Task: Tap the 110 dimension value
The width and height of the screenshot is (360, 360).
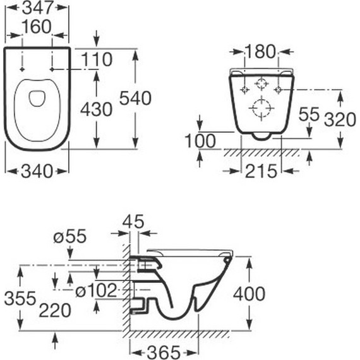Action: coord(97,60)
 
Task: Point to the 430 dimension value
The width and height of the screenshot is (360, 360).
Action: coord(96,109)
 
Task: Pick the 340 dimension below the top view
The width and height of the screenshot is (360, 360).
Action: coord(37,171)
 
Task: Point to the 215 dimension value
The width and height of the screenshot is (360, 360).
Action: coord(261,171)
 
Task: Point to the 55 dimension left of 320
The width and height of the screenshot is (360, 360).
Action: coord(309,114)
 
